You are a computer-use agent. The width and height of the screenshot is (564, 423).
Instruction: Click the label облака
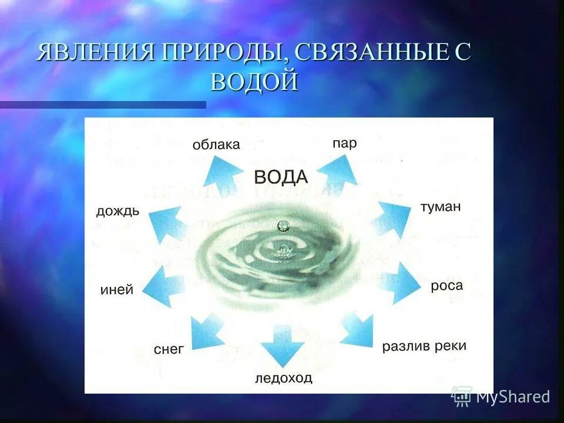pyautogui.click(x=216, y=145)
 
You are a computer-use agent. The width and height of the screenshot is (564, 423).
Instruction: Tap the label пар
pyautogui.click(x=344, y=143)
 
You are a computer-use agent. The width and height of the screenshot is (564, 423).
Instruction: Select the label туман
pyautogui.click(x=441, y=207)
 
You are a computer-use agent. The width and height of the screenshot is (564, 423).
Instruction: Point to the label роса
pyautogui.click(x=446, y=286)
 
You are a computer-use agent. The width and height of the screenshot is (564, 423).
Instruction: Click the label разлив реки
pyautogui.click(x=424, y=346)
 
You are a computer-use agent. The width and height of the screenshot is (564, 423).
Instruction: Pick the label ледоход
pyautogui.click(x=284, y=378)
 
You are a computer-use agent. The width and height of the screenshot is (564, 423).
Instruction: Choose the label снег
pyautogui.click(x=169, y=349)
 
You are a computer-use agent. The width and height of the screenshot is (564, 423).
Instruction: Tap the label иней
pyautogui.click(x=117, y=290)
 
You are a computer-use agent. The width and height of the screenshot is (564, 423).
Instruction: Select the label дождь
pyautogui.click(x=117, y=211)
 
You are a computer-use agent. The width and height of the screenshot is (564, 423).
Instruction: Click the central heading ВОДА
pyautogui.click(x=281, y=177)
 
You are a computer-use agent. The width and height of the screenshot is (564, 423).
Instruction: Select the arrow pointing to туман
pyautogui.click(x=393, y=218)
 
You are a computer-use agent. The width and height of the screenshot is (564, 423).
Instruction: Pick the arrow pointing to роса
pyautogui.click(x=402, y=283)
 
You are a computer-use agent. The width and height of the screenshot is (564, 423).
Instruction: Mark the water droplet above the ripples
pyautogui.click(x=283, y=225)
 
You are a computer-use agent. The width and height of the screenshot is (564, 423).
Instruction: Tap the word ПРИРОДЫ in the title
pyautogui.click(x=227, y=53)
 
